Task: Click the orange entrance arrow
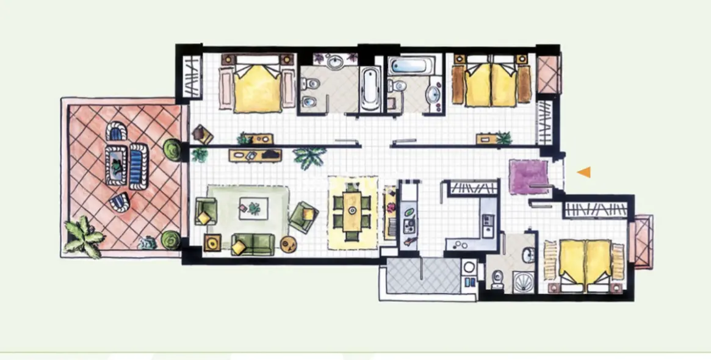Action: coord(585,173)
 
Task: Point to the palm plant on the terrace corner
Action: coord(84,236)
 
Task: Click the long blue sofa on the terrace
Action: coord(139,164)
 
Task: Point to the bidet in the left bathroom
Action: coord(308,101)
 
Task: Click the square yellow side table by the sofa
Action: coord(212,243)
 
